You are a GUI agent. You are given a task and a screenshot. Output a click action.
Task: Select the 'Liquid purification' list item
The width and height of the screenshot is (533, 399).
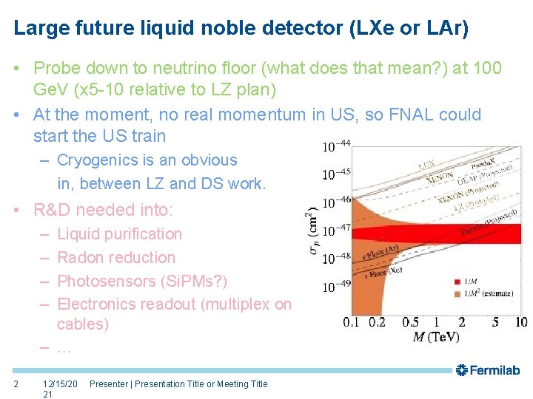119,234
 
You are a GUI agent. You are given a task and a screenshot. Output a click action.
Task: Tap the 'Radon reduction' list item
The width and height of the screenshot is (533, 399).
116,258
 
